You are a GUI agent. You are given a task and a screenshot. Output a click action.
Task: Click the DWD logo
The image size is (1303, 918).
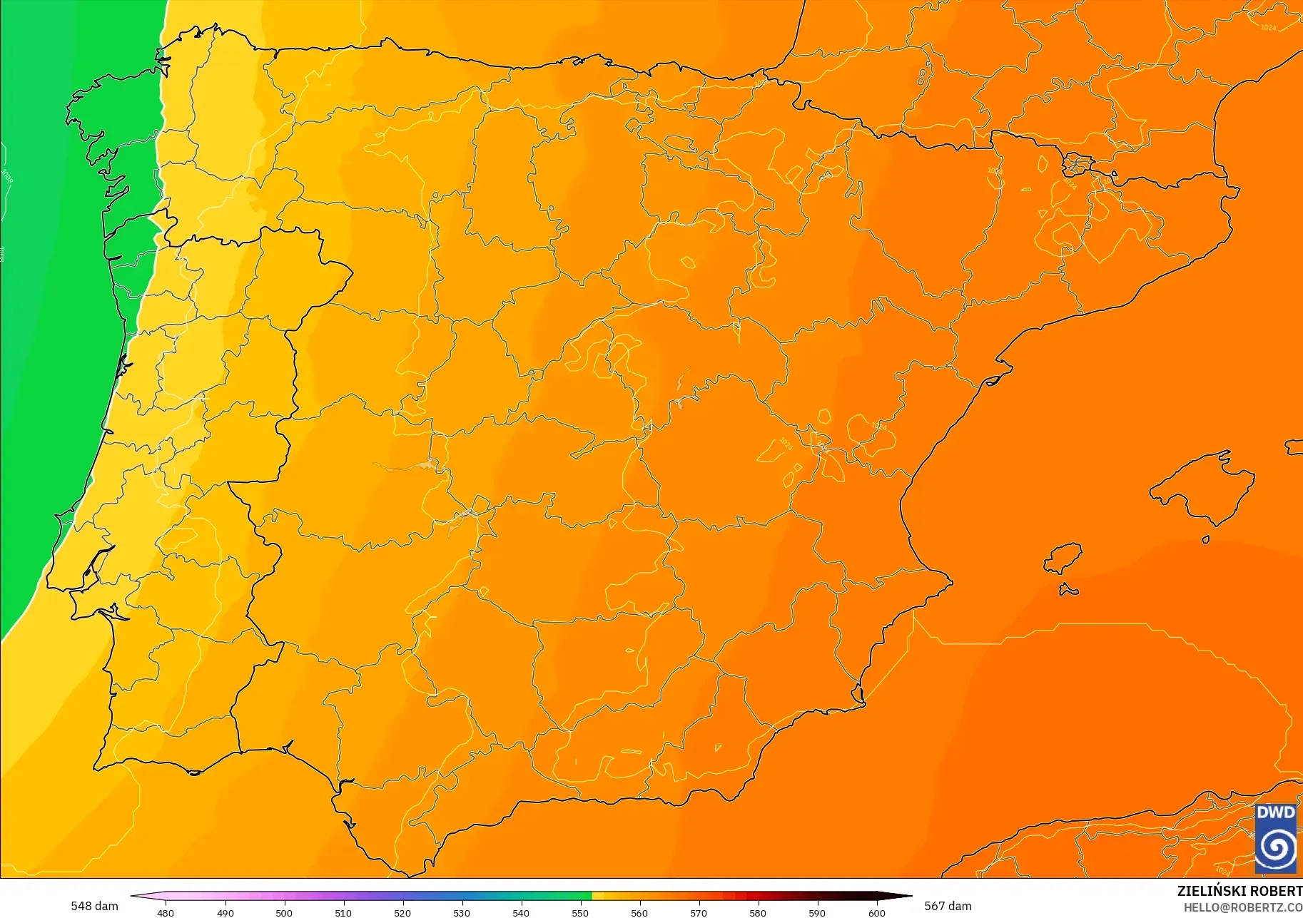point(1276,838)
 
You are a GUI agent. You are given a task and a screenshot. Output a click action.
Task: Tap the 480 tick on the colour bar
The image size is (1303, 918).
point(166,912)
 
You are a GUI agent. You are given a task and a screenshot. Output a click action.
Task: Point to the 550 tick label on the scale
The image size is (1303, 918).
point(580,912)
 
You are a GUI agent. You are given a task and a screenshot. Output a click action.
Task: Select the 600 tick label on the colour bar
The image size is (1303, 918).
point(876,912)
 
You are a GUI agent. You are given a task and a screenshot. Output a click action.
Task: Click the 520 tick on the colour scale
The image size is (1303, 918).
point(402,912)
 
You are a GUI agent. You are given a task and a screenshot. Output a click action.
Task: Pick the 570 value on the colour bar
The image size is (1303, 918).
point(699,912)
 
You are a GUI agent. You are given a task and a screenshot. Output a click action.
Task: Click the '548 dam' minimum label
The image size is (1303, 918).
point(94,906)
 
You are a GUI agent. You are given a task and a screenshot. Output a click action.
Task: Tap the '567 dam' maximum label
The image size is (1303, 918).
point(948,906)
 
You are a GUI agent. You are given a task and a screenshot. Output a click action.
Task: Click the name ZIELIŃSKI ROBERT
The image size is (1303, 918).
point(1239,891)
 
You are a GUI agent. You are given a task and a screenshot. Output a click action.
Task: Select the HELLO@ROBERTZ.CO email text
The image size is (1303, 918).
point(1243,907)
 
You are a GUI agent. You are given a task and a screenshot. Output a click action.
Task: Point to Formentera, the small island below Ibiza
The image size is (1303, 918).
point(1068,590)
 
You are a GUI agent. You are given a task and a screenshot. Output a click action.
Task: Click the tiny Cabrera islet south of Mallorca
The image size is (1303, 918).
point(1205,540)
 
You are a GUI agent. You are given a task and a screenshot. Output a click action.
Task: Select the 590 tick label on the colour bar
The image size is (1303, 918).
point(817,912)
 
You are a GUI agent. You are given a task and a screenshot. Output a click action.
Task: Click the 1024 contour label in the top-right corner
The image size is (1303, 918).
point(1268,28)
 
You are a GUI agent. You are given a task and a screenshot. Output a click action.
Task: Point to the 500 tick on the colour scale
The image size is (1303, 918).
point(284,912)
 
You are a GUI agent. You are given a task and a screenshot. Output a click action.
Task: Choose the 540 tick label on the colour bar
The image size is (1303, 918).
point(521,912)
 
